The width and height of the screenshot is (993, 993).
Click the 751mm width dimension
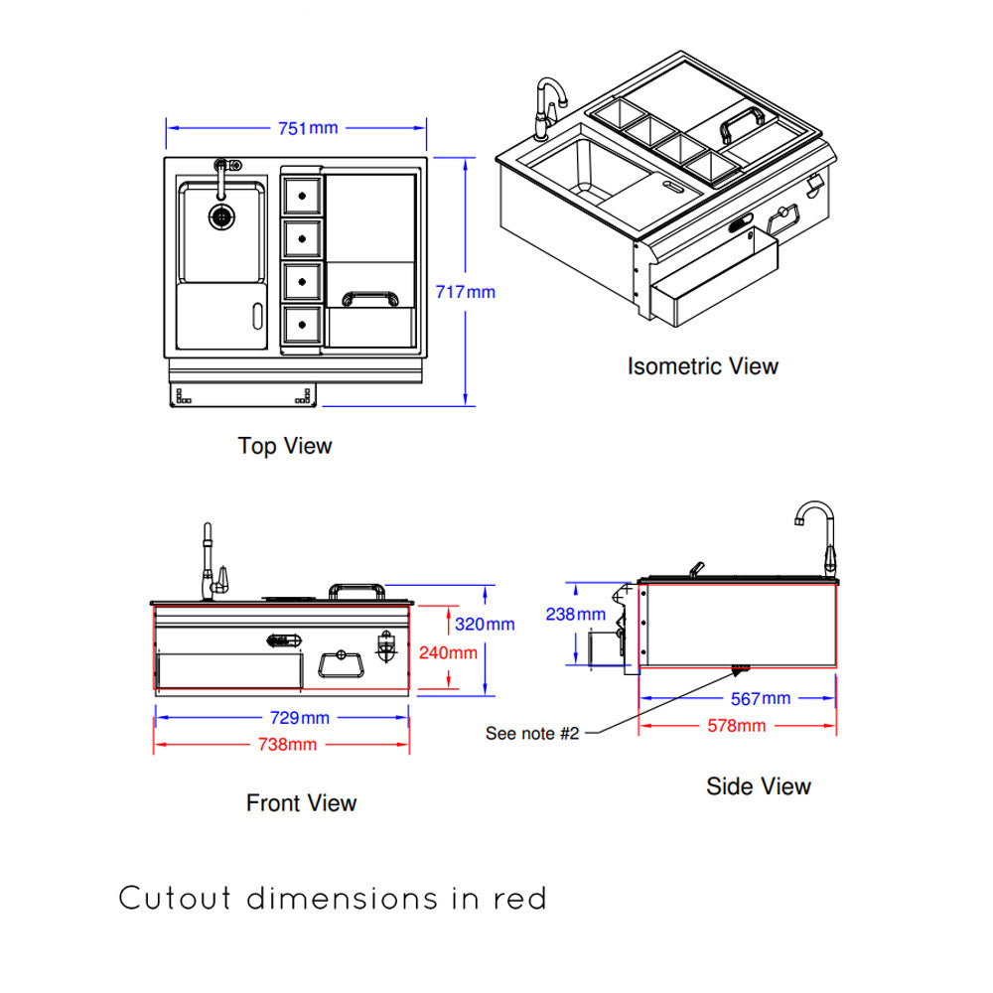click(309, 128)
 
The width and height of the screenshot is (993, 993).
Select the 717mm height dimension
click(465, 292)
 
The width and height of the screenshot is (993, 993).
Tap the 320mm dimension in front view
click(485, 625)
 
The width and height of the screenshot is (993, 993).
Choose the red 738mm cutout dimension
click(288, 744)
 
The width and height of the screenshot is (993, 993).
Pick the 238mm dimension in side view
click(575, 615)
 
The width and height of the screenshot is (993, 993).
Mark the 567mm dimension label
click(760, 699)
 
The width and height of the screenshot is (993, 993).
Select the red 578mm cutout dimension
click(736, 725)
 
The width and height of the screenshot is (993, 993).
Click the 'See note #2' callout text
click(531, 734)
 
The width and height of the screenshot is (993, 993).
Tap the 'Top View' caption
click(285, 446)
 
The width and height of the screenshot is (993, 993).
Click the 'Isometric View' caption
click(702, 366)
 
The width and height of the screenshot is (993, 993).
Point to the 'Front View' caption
click(301, 802)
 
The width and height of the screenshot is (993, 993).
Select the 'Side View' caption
click(759, 786)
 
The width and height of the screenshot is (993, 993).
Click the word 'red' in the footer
click(519, 900)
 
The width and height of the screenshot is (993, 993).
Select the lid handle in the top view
click(369, 298)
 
